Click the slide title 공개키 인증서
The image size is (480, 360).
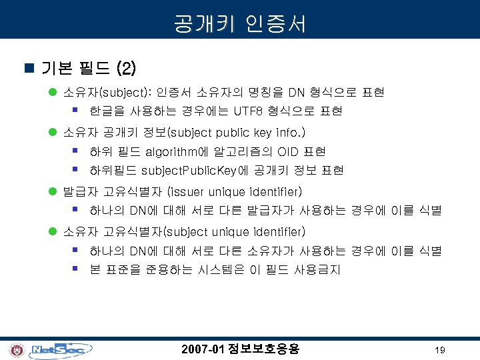240,25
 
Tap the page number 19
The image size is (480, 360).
439,350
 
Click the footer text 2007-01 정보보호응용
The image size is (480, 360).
240,349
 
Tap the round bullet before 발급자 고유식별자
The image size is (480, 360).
53,193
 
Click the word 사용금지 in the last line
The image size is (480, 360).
318,270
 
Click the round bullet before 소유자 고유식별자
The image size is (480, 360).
53,232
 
